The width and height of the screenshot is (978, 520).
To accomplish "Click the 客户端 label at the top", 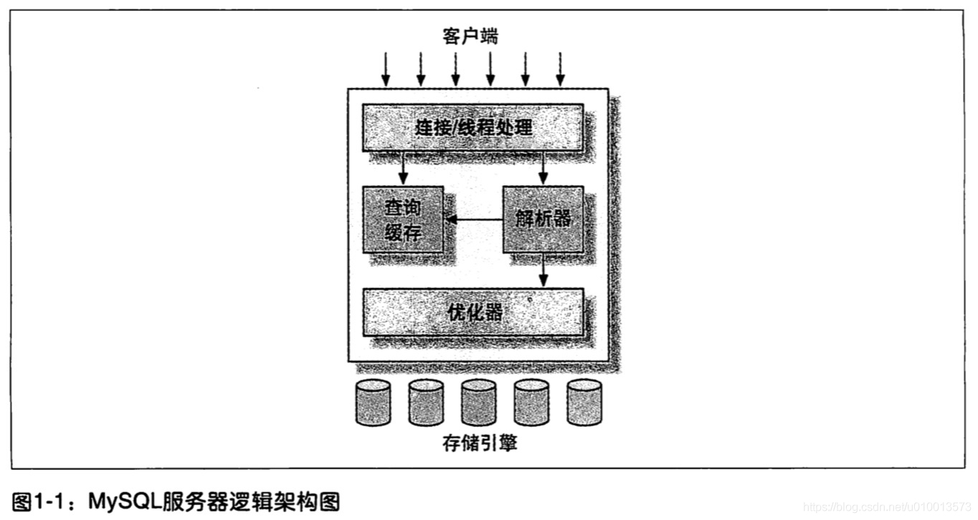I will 470,36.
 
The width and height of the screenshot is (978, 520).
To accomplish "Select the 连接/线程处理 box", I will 473,127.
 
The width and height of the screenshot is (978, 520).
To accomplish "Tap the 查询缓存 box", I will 402,219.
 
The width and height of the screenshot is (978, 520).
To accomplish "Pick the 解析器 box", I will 543,218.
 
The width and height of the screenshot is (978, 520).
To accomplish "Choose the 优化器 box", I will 473,312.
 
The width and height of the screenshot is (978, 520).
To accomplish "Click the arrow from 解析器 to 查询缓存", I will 473,219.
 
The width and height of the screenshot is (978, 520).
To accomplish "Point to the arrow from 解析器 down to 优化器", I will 543,270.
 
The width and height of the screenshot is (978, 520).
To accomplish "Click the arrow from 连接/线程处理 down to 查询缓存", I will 404,168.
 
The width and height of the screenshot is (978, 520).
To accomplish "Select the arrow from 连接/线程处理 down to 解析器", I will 543,168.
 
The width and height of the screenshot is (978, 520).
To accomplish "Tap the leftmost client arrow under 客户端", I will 386,69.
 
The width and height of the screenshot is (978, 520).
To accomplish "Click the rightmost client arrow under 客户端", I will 561,69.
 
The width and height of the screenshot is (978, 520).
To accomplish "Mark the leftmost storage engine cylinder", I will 373,403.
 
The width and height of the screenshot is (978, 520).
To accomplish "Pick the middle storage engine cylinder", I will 478,403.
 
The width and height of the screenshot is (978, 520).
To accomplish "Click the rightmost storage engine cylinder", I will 584,403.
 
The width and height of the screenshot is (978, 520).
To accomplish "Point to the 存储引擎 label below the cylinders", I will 479,443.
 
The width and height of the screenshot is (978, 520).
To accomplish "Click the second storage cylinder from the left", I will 426,403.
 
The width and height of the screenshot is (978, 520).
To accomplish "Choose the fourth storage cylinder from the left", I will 531,403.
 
